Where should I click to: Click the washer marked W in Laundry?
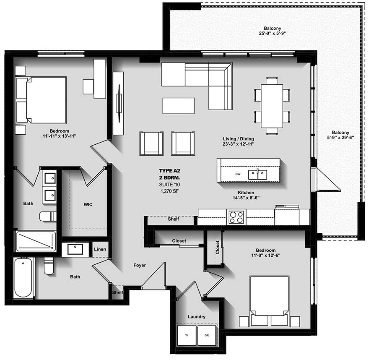[187, 335]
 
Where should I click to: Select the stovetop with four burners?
[236, 217]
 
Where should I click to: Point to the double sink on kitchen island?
[258, 174]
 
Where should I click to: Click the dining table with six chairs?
[272, 106]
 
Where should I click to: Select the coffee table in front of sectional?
[179, 106]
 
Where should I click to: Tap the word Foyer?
[140, 265]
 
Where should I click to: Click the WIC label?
[88, 204]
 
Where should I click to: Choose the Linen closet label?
[100, 250]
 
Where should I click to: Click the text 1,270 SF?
[169, 190]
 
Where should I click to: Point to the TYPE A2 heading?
[169, 171]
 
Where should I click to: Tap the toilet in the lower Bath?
[49, 266]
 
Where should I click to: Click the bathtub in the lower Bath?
[23, 278]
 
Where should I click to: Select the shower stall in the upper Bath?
[36, 241]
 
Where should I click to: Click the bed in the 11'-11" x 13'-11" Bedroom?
[41, 100]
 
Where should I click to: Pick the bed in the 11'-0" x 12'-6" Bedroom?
[269, 295]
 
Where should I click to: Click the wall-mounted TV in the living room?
[119, 103]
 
